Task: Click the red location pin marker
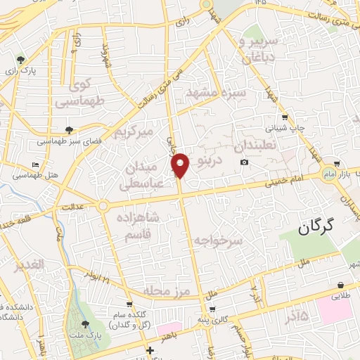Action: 181,165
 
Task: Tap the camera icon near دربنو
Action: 244,162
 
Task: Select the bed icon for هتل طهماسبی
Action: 34,165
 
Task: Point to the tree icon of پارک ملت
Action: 86,324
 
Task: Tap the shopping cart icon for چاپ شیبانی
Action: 283,117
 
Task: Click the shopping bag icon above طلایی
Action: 341,285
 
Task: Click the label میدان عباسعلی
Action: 143,175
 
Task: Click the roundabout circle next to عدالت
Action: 103,206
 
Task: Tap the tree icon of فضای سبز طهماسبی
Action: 69,129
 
